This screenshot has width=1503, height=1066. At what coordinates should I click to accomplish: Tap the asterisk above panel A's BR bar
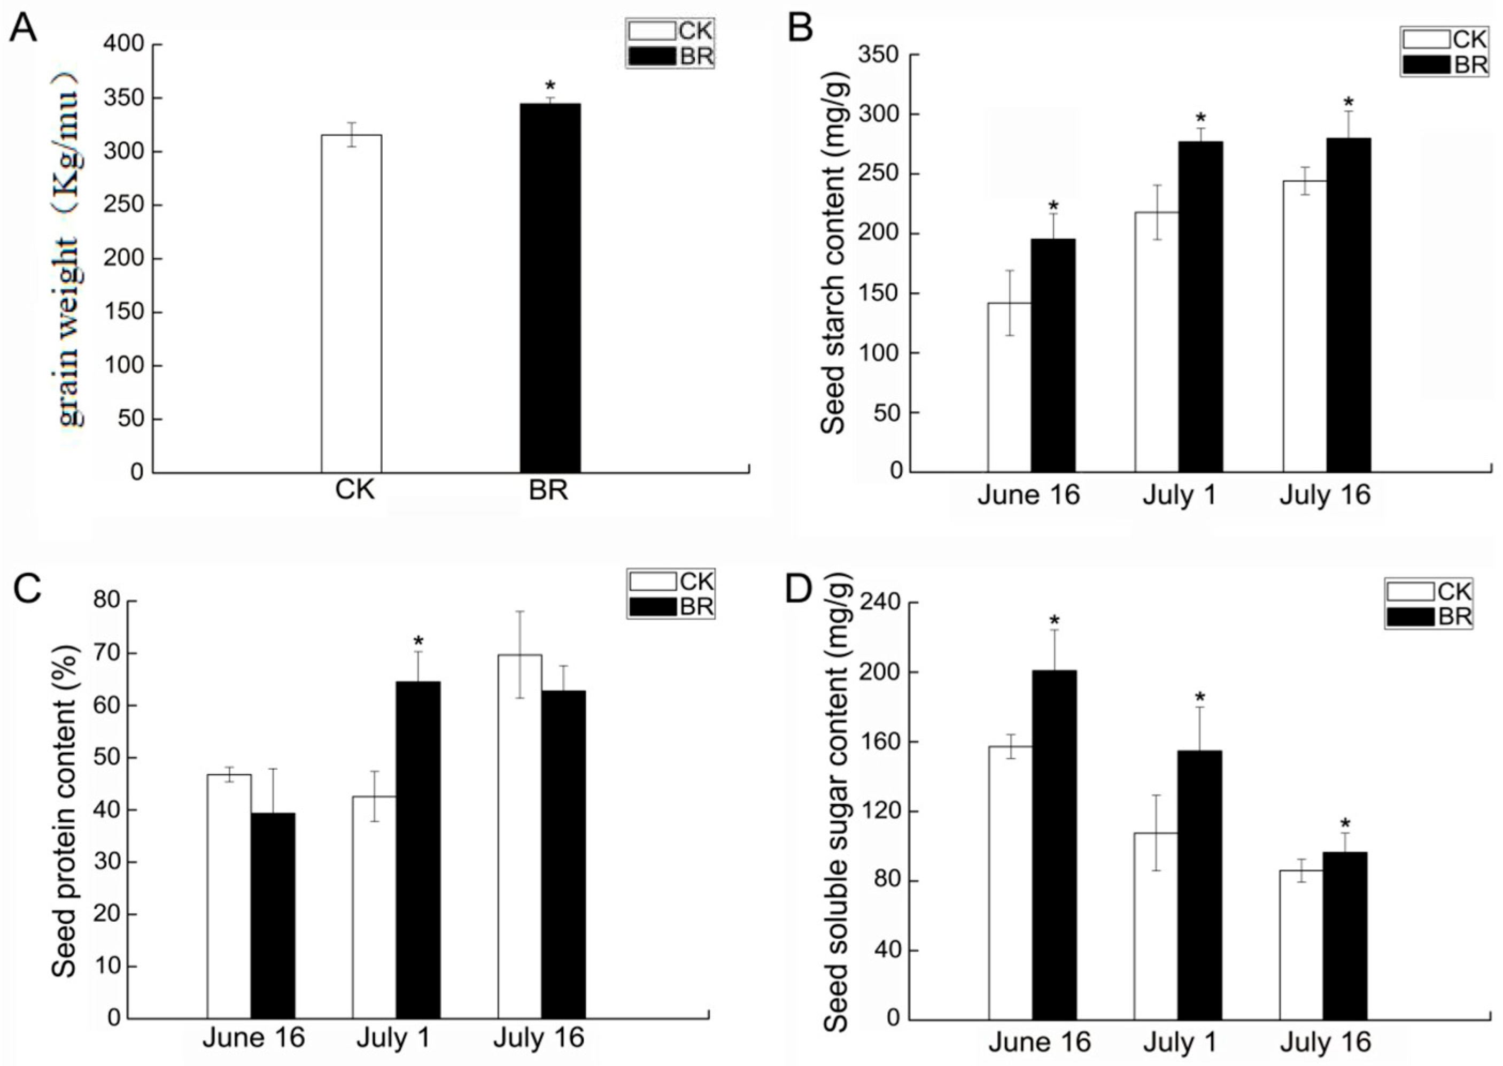(550, 86)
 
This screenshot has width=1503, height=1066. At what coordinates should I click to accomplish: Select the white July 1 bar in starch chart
(1157, 341)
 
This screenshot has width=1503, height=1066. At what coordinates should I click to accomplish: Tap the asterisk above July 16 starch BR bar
(1348, 103)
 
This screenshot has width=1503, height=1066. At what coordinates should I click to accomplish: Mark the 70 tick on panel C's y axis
(107, 653)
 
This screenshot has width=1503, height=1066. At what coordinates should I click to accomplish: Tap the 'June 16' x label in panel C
(253, 1038)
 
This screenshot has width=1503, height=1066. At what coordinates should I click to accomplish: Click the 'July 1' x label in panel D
(1180, 1042)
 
